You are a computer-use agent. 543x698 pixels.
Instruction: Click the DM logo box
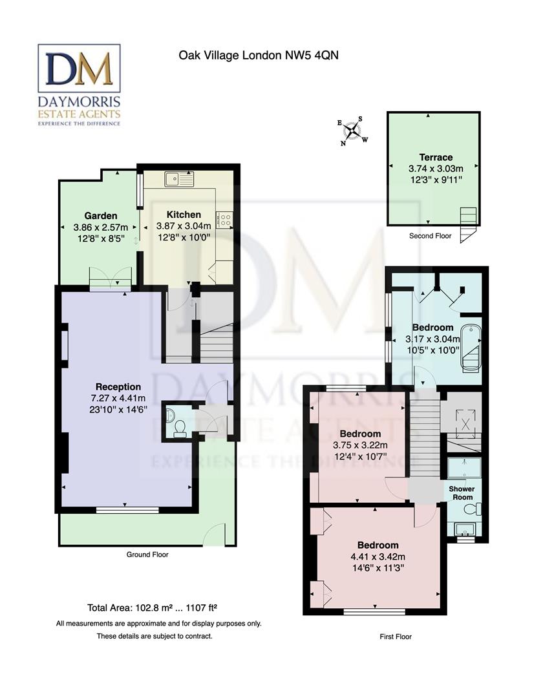tap(79, 68)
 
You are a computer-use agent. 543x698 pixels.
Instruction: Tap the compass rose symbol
tap(352, 131)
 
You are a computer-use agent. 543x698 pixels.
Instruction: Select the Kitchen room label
tap(184, 215)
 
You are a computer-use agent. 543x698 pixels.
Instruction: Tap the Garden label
tap(100, 215)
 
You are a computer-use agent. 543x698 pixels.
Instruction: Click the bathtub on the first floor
tap(472, 349)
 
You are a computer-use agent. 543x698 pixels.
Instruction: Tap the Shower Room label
tap(462, 493)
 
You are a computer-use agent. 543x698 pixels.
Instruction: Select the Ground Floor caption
tap(147, 555)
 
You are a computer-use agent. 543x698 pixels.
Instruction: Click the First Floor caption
tap(395, 637)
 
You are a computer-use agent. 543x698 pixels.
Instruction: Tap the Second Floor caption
tap(430, 236)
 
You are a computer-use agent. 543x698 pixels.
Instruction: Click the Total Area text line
tap(152, 608)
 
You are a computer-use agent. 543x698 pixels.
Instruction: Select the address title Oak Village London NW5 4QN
tap(259, 56)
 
